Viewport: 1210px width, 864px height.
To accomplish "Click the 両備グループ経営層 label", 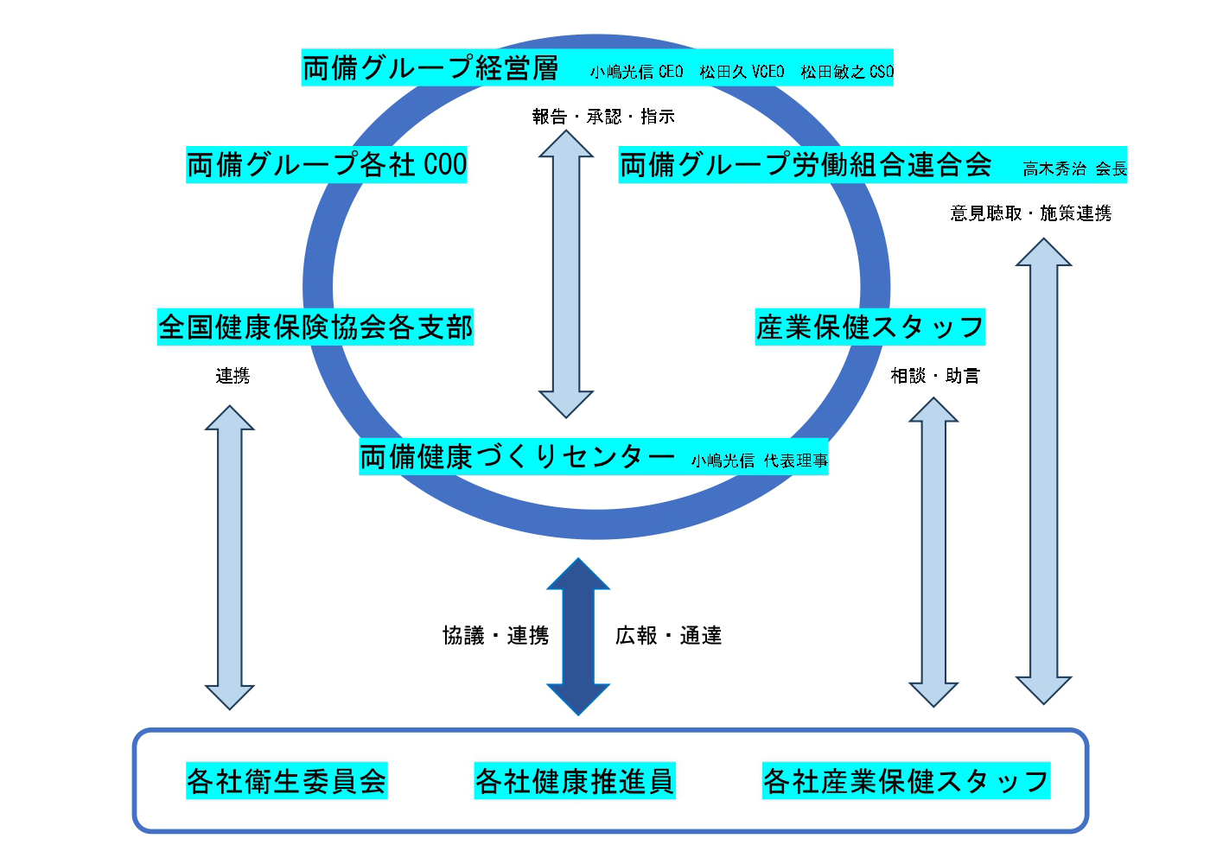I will tap(430, 67).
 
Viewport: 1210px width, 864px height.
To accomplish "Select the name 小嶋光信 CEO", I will tap(637, 72).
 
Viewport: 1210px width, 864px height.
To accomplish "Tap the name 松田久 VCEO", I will tap(742, 72).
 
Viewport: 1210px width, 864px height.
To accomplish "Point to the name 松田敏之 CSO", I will tap(847, 72).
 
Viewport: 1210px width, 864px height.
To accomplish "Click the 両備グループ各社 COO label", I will tap(327, 164).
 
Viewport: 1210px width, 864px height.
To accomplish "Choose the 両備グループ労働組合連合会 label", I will tap(806, 164).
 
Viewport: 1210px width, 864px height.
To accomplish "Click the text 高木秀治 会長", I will tap(1075, 169).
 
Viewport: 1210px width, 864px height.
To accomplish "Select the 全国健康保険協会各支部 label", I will tap(315, 327).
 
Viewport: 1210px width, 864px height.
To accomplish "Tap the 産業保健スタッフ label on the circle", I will tap(869, 327).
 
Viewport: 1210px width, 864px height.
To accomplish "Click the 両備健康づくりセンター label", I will tap(517, 456).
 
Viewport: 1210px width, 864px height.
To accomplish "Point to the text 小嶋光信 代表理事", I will tap(759, 461).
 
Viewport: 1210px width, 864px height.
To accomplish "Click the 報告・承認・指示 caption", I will tap(603, 117).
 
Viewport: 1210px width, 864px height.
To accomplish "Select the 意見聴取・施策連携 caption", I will tap(1030, 213).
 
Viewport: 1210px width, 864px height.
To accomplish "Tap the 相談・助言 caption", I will tap(935, 376).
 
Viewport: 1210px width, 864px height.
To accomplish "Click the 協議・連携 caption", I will tap(495, 636).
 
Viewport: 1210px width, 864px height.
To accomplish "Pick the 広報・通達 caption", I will tap(668, 636).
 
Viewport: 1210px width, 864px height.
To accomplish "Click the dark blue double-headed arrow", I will tap(578, 636).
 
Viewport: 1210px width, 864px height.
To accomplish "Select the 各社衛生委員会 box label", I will tap(287, 781).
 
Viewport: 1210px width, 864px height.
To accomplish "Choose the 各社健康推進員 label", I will tap(575, 781).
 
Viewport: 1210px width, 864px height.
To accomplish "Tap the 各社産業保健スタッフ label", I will tap(906, 781).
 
